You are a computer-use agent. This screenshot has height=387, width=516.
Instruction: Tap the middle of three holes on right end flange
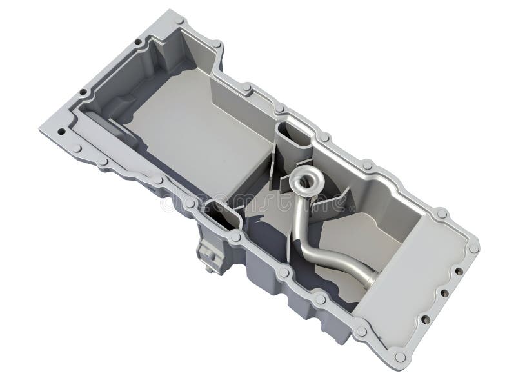click(444, 293)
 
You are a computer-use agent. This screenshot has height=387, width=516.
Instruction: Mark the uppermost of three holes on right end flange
click(459, 271)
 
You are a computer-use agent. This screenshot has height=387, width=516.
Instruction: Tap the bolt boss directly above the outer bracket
click(235, 237)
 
